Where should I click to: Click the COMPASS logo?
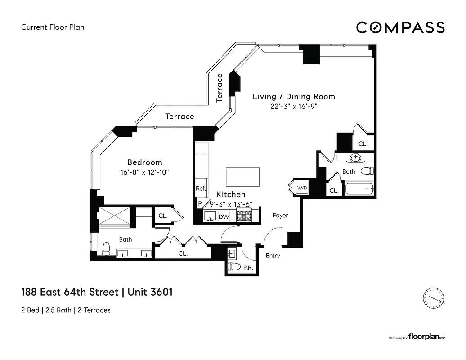[400, 27]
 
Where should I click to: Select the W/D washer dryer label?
[301, 187]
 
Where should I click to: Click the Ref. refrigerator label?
[200, 189]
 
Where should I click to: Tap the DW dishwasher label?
[224, 217]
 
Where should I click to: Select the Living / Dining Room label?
[293, 96]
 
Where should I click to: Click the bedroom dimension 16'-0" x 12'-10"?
[144, 172]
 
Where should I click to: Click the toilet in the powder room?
[233, 267]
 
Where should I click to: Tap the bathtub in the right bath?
[359, 188]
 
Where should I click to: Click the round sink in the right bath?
[355, 158]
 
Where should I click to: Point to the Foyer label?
[280, 216]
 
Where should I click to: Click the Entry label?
[273, 256]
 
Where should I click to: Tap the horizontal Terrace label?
[179, 117]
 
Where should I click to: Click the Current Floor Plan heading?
[53, 27]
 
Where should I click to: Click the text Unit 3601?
[150, 292]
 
